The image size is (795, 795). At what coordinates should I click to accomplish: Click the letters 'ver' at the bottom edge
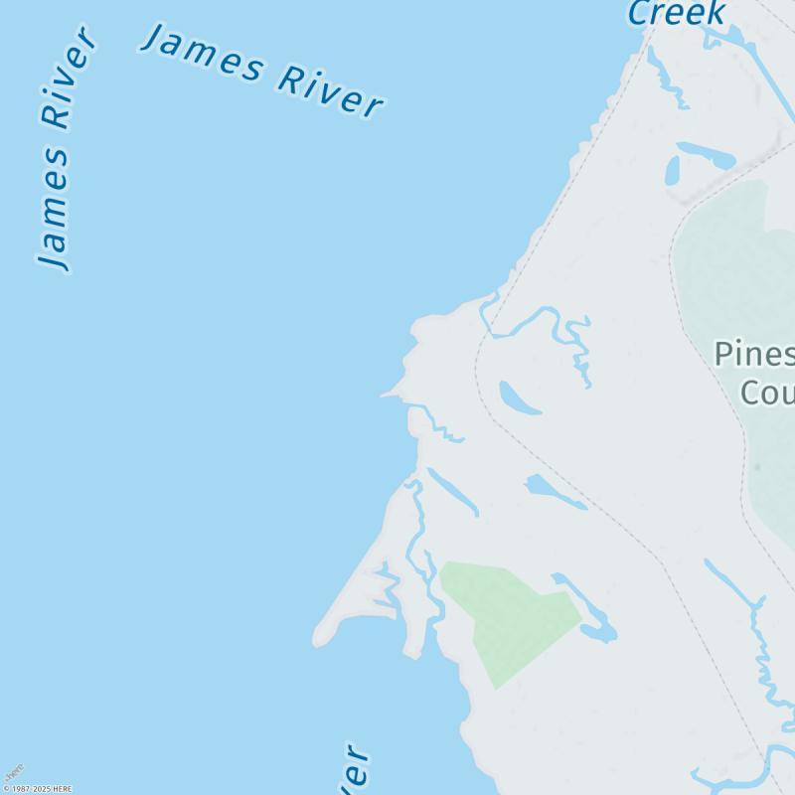pyautogui.click(x=357, y=770)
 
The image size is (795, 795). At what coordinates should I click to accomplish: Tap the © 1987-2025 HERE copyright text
pyautogui.click(x=37, y=789)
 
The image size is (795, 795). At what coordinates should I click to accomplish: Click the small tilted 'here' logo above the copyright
pyautogui.click(x=13, y=772)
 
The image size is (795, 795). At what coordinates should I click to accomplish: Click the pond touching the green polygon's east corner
pyautogui.click(x=598, y=631)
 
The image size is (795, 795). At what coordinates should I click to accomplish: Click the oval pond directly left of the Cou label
pyautogui.click(x=519, y=398)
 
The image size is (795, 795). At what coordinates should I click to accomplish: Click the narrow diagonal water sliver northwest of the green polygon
pyautogui.click(x=452, y=492)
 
